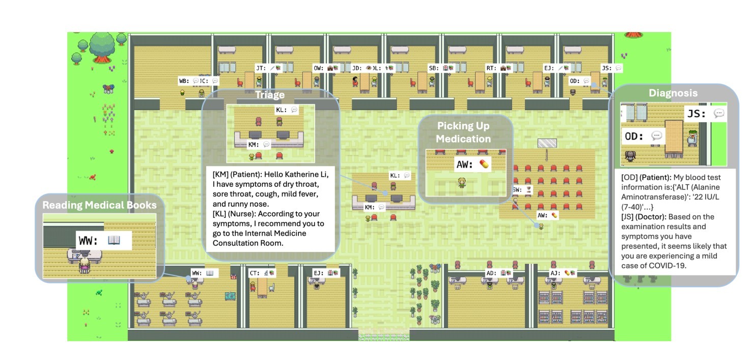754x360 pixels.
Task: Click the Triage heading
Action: (270, 95)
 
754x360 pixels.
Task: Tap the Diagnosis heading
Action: (673, 93)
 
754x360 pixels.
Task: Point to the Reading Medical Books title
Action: (99, 205)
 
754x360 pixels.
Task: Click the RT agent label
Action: (491, 68)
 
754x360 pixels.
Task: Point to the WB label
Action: (183, 80)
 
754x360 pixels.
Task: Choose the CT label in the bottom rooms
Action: (254, 273)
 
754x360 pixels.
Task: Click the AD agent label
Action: (491, 273)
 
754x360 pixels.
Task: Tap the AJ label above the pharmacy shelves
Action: (555, 273)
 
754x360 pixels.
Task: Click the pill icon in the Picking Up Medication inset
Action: (484, 164)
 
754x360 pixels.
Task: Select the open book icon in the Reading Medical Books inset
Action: (114, 240)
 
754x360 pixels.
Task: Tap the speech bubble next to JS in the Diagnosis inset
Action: (718, 114)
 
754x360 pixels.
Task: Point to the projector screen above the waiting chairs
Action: (547, 143)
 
